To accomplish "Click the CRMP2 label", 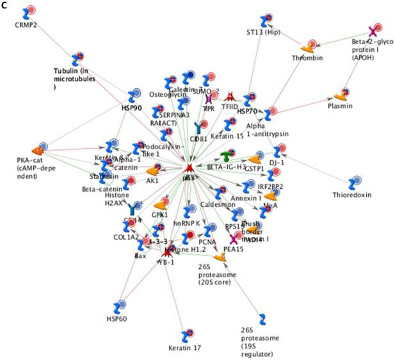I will pos(26,25).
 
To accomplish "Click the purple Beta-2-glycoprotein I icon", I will pos(374,31).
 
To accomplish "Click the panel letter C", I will pos(4,5).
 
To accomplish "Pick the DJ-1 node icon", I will pos(277,151).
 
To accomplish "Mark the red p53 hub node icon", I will pos(189,167).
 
